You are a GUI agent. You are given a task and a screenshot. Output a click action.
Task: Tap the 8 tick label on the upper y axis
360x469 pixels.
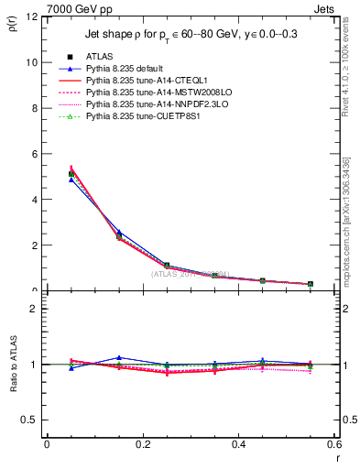click(34, 108)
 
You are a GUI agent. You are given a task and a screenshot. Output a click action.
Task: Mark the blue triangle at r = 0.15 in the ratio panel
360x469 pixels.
click(118, 357)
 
